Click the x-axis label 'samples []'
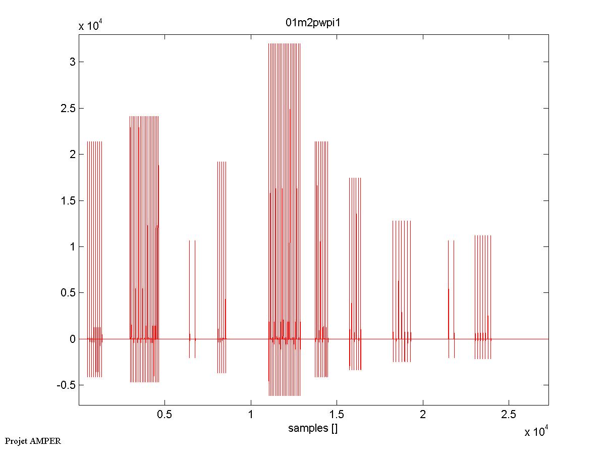tap(313, 429)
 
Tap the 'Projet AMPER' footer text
tap(33, 441)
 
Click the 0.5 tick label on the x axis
tap(164, 415)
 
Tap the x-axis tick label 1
tap(251, 415)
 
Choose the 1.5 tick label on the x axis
tap(337, 415)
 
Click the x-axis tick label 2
tap(423, 415)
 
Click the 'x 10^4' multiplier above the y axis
tap(91, 26)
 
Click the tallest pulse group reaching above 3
tap(284, 151)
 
